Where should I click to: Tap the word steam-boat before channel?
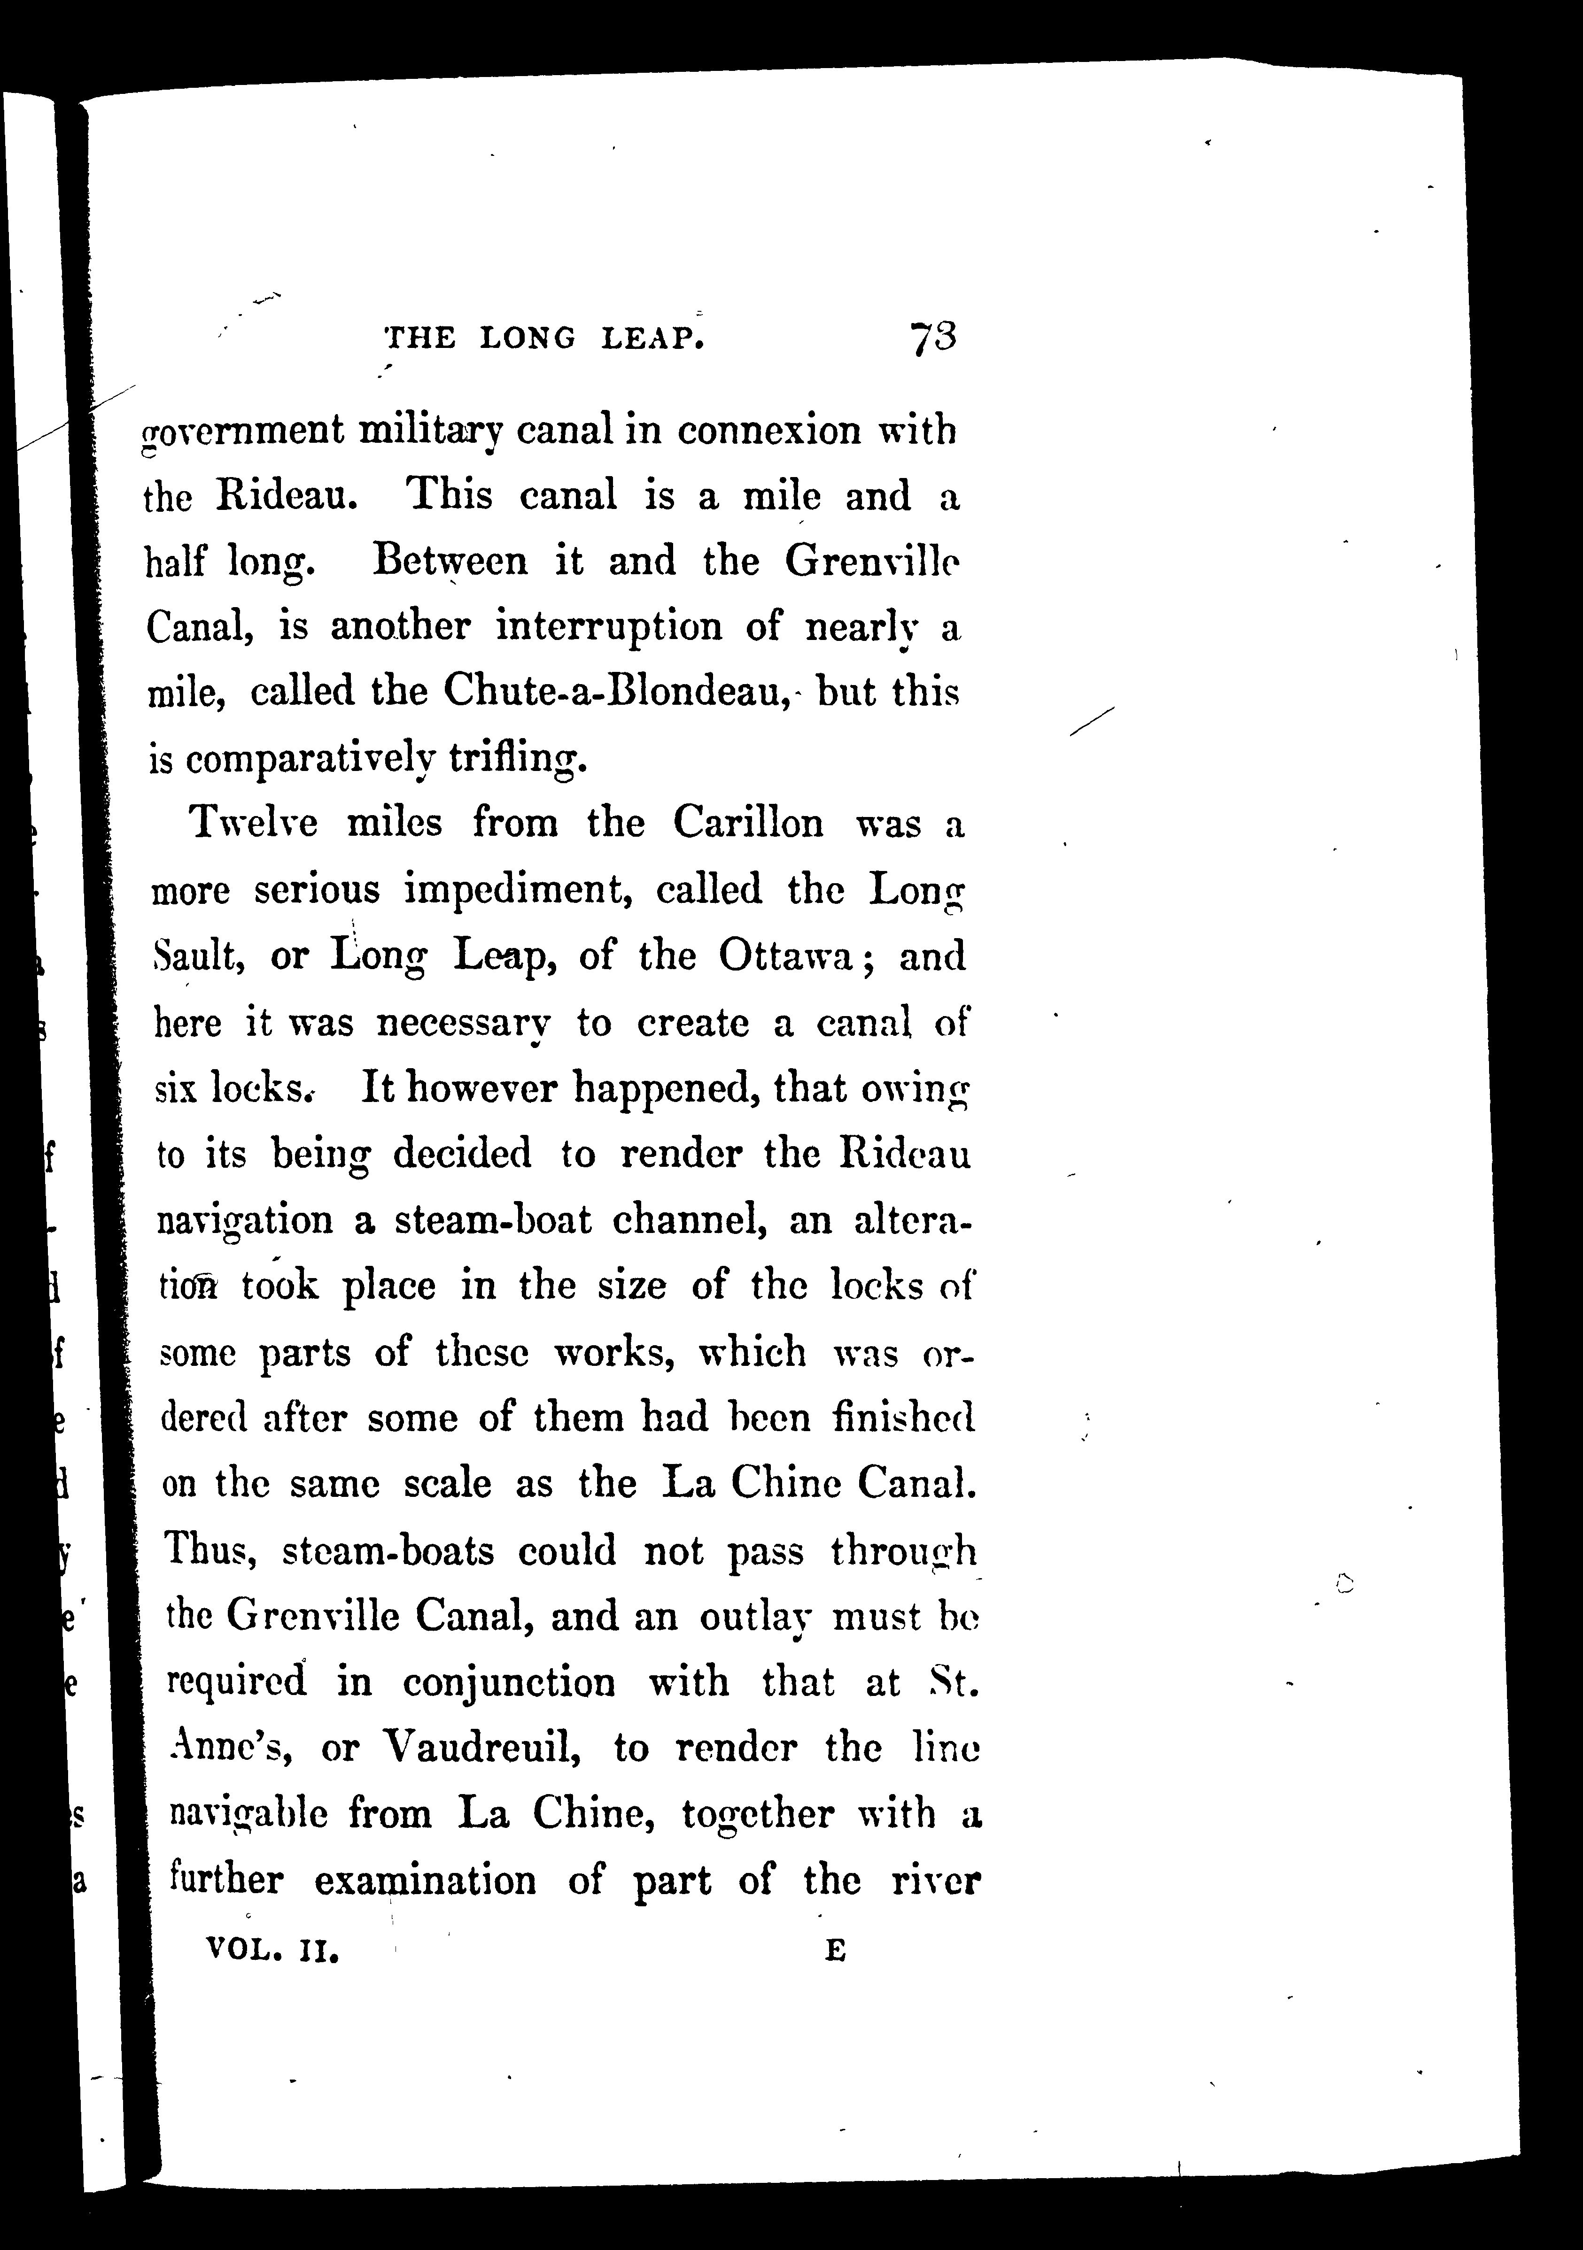tap(493, 1219)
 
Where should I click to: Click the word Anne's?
tap(227, 1748)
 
